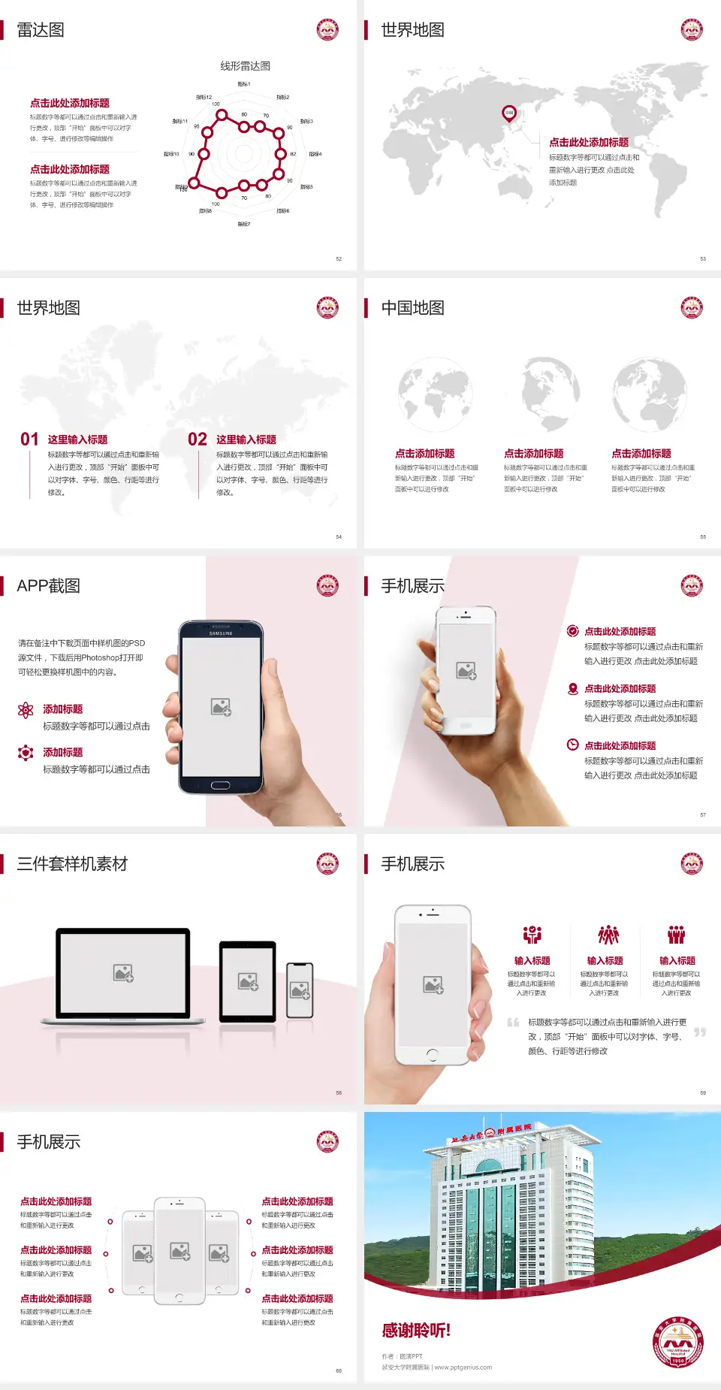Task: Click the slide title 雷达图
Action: point(41,30)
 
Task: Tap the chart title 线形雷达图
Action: point(245,66)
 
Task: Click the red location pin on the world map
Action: point(508,113)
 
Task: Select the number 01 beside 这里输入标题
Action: point(29,440)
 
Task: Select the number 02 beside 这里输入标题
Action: point(198,440)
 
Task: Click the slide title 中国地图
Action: point(412,308)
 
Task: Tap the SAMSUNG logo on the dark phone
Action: point(221,633)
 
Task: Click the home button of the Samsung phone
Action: point(220,785)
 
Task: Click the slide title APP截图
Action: point(48,586)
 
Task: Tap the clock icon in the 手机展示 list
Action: point(572,745)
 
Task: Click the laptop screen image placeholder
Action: point(123,973)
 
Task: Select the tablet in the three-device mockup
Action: point(248,981)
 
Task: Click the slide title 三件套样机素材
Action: point(72,864)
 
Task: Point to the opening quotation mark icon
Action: point(514,1023)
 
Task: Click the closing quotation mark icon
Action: point(700,1032)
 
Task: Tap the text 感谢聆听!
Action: point(416,1331)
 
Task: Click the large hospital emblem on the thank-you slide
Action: point(677,1343)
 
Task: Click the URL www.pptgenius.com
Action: point(463,1367)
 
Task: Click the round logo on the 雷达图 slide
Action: point(327,30)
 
